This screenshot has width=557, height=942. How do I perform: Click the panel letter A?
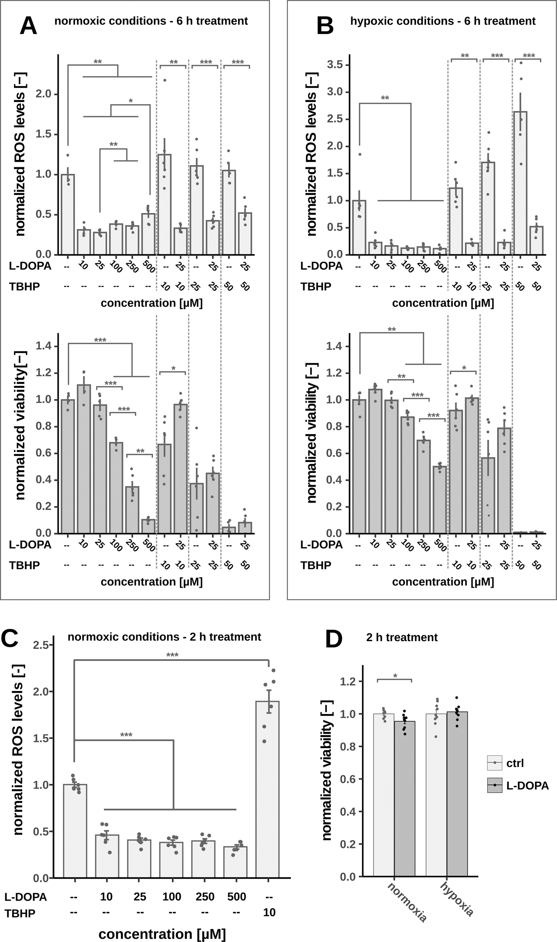[x=28, y=26]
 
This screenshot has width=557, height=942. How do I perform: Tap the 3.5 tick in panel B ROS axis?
[x=335, y=65]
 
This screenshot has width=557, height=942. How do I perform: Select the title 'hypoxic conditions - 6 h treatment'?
[x=442, y=21]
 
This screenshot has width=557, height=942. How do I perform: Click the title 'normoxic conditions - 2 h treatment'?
[x=164, y=637]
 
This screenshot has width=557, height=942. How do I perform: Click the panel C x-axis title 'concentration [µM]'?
[x=162, y=934]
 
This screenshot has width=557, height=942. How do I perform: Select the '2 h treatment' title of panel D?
[x=402, y=637]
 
